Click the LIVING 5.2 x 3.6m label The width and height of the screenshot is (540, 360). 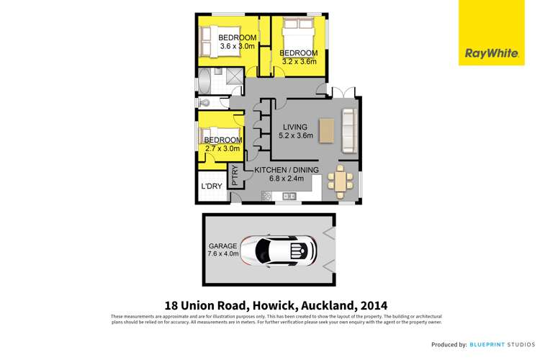[297, 130]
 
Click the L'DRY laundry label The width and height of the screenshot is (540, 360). [211, 186]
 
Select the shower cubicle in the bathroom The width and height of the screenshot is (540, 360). [232, 76]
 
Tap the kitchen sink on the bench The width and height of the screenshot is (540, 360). [289, 196]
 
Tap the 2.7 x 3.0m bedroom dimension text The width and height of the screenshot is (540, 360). [222, 148]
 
